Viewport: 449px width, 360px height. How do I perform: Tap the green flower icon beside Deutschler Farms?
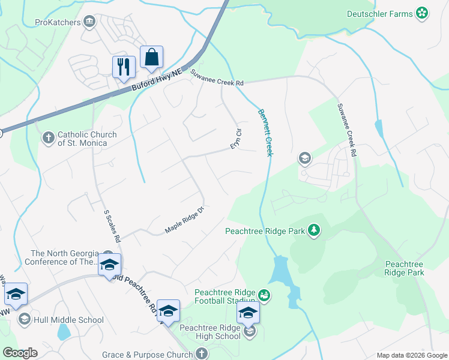point(423,13)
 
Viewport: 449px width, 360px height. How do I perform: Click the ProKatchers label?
point(58,23)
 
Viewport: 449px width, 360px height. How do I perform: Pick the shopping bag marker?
point(151,58)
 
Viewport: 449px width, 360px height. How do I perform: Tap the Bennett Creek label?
point(266,133)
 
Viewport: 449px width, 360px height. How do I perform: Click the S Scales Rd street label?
point(112,226)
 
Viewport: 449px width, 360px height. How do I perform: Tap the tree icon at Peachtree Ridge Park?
point(313,230)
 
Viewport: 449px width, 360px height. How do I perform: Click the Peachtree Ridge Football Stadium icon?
point(263,295)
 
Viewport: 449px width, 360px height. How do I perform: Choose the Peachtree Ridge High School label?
point(209,332)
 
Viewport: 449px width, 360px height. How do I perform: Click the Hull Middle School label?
point(69,320)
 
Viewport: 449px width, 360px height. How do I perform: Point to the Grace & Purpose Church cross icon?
point(202,355)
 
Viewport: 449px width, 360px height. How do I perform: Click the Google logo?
point(19,353)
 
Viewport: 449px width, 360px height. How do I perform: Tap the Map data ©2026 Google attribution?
point(411,355)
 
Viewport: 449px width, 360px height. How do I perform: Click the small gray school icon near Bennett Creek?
point(304,158)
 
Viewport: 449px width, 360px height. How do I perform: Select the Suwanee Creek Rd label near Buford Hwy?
point(217,78)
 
